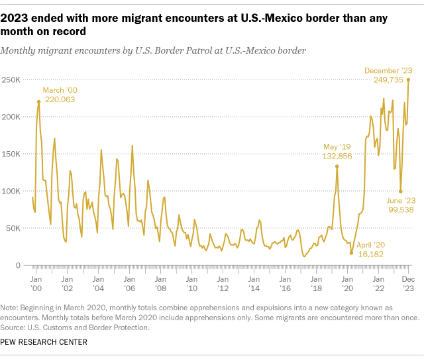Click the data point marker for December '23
click(408, 80)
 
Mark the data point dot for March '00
click(38, 101)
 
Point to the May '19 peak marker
click(337, 166)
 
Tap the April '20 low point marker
click(351, 253)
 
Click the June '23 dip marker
click(400, 192)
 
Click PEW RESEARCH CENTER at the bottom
click(44, 341)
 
